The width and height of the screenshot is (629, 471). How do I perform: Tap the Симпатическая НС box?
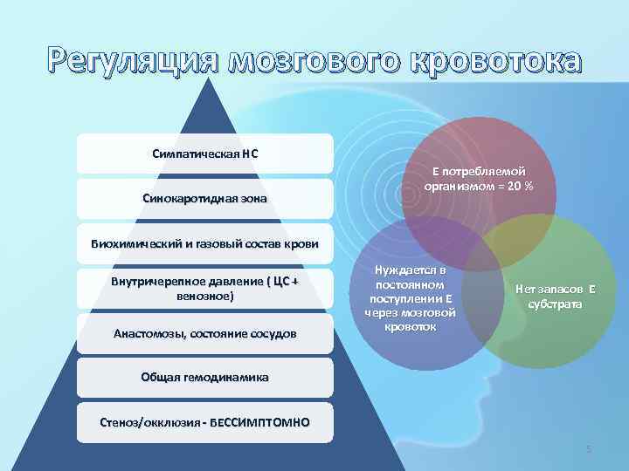[x=204, y=154]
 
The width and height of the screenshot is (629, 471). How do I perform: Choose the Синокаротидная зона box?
[x=204, y=199]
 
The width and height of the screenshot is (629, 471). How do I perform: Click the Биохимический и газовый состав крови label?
[x=204, y=242]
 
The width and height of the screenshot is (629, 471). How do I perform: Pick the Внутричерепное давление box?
[x=204, y=289]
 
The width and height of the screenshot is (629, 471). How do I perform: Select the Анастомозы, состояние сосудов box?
[x=204, y=334]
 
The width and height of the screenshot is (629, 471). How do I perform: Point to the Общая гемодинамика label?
[x=204, y=378]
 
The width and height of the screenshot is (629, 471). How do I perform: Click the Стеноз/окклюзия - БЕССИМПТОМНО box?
[x=204, y=423]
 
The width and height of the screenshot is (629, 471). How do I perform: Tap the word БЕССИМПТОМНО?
[x=263, y=423]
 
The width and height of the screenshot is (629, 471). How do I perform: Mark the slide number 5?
[x=589, y=449]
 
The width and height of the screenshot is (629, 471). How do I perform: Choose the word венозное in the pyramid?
[x=204, y=297]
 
